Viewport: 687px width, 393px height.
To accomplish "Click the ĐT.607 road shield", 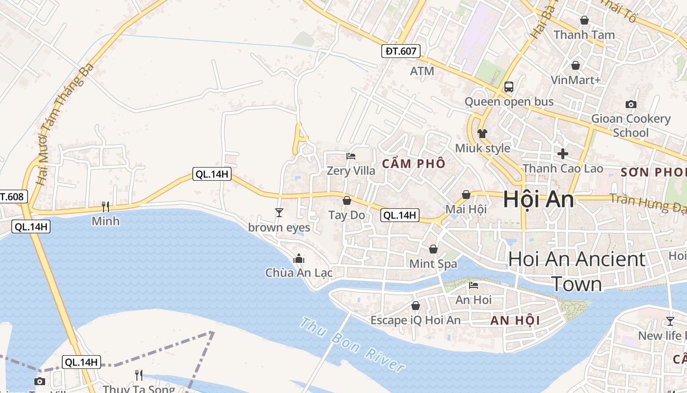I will coord(401,51).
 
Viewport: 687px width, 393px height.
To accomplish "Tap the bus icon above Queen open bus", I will coord(509,87).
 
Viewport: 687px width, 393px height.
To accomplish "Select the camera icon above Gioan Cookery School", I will coord(631,104).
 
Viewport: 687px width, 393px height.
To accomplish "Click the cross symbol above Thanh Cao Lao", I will coord(562,153).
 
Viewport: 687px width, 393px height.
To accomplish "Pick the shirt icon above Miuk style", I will coord(482,133).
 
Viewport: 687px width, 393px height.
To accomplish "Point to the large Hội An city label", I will coord(538,200).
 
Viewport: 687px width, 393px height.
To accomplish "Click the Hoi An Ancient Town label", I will coord(577,271).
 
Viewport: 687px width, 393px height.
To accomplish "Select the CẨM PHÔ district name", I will coord(413,164).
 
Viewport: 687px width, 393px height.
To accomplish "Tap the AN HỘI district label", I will coord(515,321).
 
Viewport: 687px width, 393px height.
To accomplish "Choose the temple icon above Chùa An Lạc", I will coord(299,258).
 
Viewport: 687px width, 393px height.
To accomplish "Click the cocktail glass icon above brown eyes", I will coord(279,212).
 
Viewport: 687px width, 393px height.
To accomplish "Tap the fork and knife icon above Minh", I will coord(106,206).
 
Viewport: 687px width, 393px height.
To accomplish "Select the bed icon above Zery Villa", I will coord(351,156).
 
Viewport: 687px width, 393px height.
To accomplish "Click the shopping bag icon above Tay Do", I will coord(347,200).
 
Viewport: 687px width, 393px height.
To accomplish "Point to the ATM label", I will coord(422,71).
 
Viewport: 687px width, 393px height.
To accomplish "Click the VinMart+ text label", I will coord(576,80).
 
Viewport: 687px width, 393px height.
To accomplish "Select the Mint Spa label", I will coord(433,264).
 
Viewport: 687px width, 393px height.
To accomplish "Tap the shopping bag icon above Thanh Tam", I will coord(584,20).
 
